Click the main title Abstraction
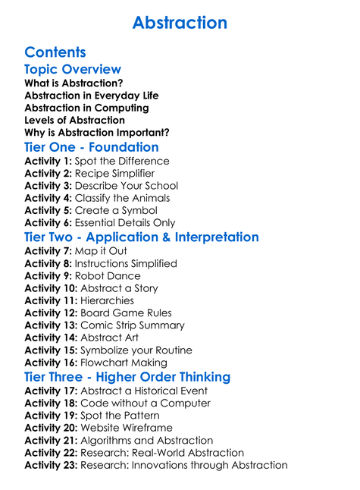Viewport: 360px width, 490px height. click(x=180, y=23)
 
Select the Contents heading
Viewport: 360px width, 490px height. click(x=55, y=52)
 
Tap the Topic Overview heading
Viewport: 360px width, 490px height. click(x=73, y=70)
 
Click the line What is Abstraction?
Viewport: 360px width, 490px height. click(x=74, y=83)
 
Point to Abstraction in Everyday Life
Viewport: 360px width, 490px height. click(x=91, y=96)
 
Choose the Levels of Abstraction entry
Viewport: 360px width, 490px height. click(x=74, y=120)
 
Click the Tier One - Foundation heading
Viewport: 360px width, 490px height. click(x=91, y=147)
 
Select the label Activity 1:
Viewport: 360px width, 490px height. click(x=49, y=162)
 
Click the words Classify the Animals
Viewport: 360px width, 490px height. click(x=123, y=199)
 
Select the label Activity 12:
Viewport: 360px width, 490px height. click(x=51, y=313)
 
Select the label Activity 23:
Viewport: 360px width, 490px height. click(x=51, y=465)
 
